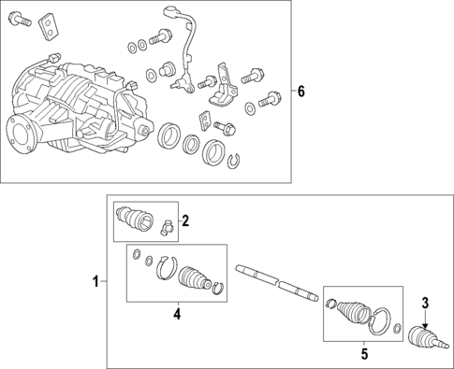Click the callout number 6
tap(300, 92)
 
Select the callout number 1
tap(95, 282)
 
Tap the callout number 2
tap(185, 220)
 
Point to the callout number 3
tap(426, 303)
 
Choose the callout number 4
tap(177, 314)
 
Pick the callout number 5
tap(364, 353)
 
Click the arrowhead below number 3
tap(425, 326)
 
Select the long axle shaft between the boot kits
tap(277, 283)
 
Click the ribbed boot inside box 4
tap(195, 277)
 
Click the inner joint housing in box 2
tap(135, 219)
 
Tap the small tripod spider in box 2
tap(167, 226)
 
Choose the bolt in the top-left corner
tap(21, 19)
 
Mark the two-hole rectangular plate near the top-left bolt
tap(49, 27)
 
